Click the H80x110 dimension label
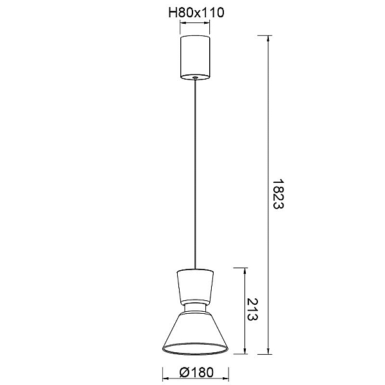click(x=196, y=13)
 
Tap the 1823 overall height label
click(x=278, y=194)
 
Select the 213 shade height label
click(x=252, y=309)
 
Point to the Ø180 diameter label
click(x=196, y=372)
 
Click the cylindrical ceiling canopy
click(x=195, y=58)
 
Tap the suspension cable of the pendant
click(x=195, y=174)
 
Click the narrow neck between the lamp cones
click(x=195, y=308)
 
